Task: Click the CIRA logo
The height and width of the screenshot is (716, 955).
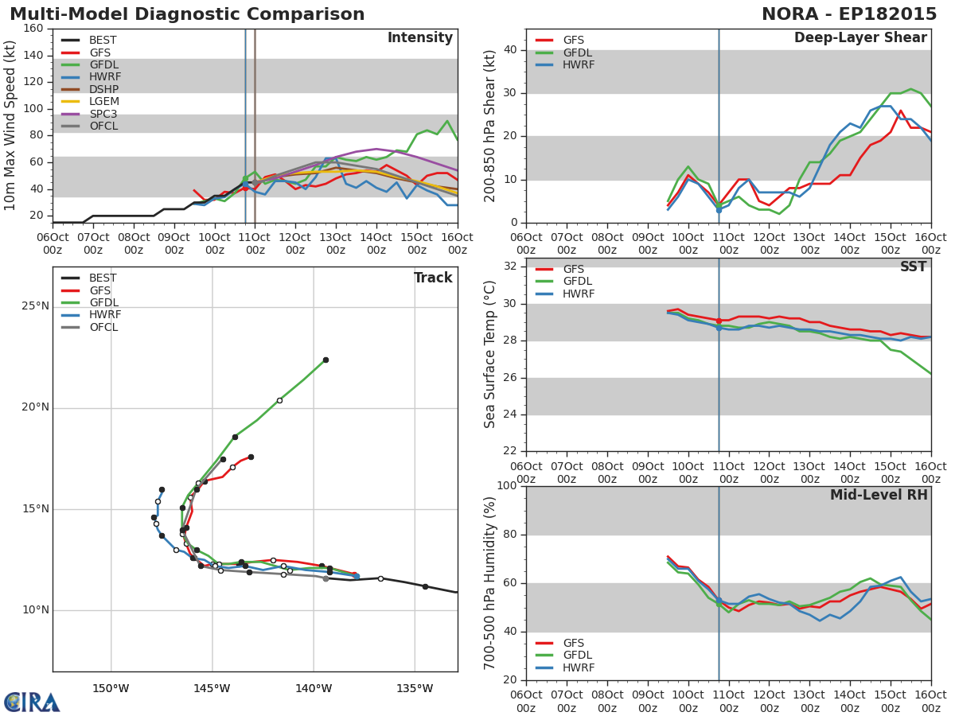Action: (32, 702)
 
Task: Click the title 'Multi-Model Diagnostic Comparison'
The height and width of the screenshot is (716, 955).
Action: (187, 14)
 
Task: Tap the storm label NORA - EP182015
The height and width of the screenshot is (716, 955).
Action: (849, 14)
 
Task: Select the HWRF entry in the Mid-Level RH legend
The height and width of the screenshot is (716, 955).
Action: (565, 667)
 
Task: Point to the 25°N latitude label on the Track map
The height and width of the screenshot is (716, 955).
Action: (35, 306)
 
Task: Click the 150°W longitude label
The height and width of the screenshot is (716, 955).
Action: (111, 689)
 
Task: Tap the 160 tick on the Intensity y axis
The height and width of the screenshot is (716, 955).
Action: (33, 29)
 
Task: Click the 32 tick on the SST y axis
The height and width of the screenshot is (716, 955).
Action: (509, 266)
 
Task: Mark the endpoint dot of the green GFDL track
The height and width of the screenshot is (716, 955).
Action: (325, 360)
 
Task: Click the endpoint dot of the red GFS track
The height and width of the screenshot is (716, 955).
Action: (251, 457)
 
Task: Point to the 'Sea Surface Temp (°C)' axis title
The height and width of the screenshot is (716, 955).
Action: (490, 354)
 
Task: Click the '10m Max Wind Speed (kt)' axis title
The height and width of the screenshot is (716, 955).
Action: (9, 126)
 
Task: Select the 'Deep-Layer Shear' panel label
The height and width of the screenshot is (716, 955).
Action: (860, 38)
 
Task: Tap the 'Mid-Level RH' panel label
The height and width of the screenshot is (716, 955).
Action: (879, 495)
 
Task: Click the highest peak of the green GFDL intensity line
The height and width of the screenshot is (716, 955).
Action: (447, 121)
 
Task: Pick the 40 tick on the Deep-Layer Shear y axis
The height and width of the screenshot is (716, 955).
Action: (509, 49)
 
